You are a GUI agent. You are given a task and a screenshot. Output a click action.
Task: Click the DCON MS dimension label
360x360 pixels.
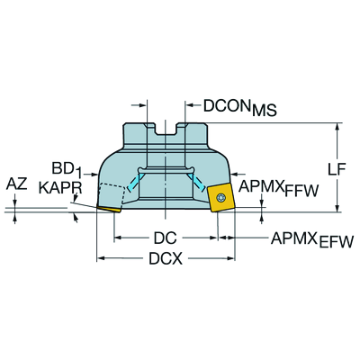pyautogui.click(x=240, y=108)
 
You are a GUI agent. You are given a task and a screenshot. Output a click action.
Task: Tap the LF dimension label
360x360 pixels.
pyautogui.click(x=337, y=170)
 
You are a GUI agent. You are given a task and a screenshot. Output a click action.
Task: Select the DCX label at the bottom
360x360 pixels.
pyautogui.click(x=166, y=258)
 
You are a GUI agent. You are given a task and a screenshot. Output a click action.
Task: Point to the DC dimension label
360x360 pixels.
pyautogui.click(x=165, y=238)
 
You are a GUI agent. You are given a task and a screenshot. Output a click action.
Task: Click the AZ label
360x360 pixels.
pyautogui.click(x=16, y=184)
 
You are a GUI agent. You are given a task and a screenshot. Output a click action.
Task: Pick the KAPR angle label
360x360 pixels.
pyautogui.click(x=60, y=188)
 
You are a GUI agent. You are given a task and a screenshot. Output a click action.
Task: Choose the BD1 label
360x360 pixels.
pyautogui.click(x=67, y=170)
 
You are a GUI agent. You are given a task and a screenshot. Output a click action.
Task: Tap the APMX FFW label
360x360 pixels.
pyautogui.click(x=278, y=189)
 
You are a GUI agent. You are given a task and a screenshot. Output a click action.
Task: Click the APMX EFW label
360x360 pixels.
pyautogui.click(x=312, y=240)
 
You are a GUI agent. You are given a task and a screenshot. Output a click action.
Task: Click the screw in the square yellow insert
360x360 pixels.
pyautogui.click(x=221, y=198)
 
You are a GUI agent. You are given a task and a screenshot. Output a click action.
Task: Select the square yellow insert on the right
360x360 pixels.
pyautogui.click(x=221, y=198)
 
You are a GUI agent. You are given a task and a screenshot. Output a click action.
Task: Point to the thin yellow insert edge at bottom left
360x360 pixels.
pyautogui.click(x=109, y=209)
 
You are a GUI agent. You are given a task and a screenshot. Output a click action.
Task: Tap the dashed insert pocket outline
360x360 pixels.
pyautogui.click(x=112, y=194)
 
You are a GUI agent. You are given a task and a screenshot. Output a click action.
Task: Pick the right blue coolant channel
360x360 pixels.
pyautogui.click(x=196, y=182)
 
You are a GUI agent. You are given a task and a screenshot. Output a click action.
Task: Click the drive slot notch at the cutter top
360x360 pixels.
pyautogui.click(x=166, y=130)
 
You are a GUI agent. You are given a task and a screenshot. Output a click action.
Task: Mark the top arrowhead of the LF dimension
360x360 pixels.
pyautogui.click(x=338, y=127)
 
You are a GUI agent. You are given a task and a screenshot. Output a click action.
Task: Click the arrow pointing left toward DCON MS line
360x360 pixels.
pyautogui.click(x=193, y=105)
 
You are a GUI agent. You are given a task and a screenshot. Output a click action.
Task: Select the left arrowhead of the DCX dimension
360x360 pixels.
pyautogui.click(x=101, y=258)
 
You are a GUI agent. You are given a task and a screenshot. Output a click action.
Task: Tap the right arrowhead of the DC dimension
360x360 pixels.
pyautogui.click(x=213, y=238)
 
